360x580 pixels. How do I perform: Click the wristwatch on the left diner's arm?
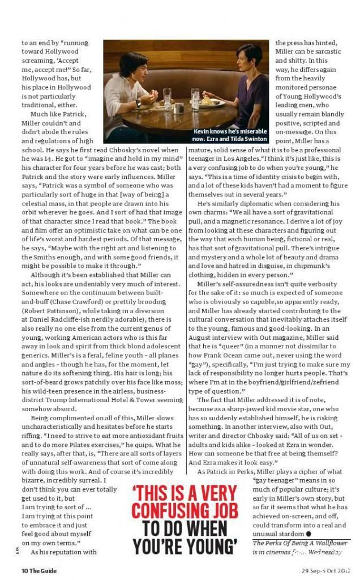(138, 103)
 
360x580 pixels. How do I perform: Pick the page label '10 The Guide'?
(40, 570)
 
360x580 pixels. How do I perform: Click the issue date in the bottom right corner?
(326, 570)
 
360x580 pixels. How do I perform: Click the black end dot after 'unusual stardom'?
(308, 534)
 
